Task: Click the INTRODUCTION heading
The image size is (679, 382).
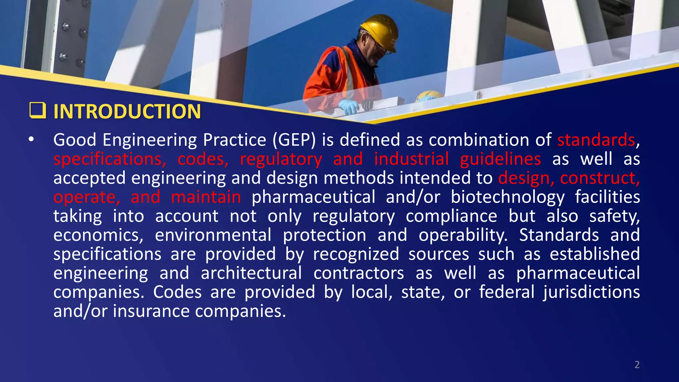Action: [x=127, y=111]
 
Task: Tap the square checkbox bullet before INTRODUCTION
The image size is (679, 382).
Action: [x=37, y=110]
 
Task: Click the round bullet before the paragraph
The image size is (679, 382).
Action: [x=31, y=140]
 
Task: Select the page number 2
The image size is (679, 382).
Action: [x=637, y=365]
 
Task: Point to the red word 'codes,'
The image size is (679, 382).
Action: [x=203, y=159]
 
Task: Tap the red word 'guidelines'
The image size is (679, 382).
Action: [x=500, y=159]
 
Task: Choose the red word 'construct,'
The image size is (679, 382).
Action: [x=600, y=178]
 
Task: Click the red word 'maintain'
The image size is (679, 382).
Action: [x=206, y=197]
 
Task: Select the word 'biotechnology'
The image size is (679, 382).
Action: [x=507, y=197]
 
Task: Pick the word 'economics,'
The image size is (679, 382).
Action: [x=98, y=235]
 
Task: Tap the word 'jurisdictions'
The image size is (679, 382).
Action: [x=591, y=292]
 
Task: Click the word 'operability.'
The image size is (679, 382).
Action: [x=463, y=235]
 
